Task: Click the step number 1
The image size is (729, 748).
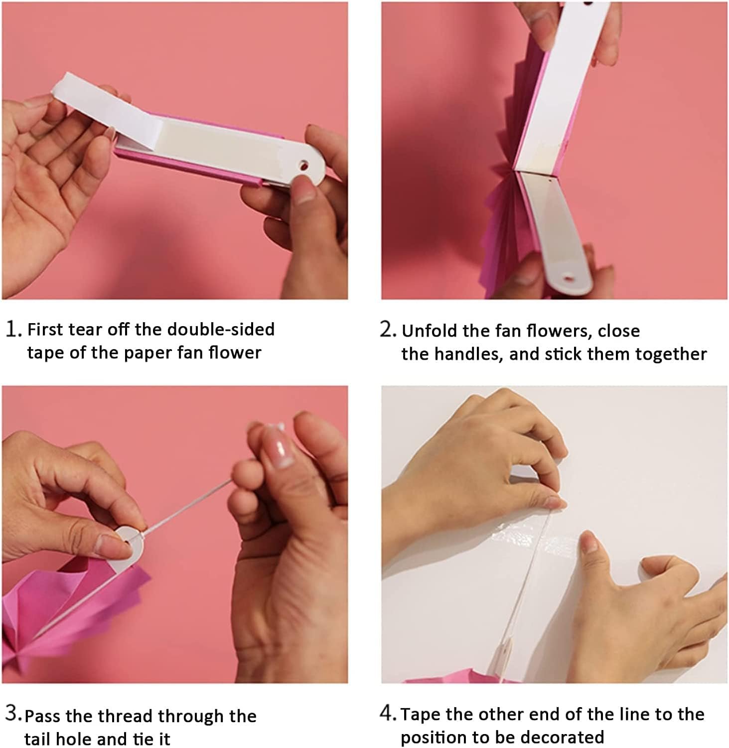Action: point(13,330)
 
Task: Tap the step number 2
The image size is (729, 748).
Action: point(388,330)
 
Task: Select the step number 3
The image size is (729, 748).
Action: point(13,714)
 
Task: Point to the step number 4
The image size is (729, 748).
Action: point(388,714)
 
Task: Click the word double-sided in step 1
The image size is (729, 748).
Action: point(221,330)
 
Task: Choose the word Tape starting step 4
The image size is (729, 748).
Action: point(421,715)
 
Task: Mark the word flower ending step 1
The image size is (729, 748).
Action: point(235,353)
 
